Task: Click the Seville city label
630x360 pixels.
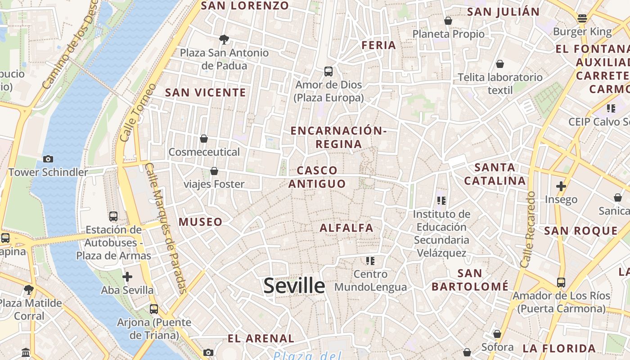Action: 294,286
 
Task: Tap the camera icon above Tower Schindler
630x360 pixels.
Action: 48,159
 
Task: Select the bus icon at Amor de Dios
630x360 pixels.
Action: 328,71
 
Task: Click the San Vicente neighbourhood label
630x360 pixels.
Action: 206,93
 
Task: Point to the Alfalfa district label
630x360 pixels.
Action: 346,228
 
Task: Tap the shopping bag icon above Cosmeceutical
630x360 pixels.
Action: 204,139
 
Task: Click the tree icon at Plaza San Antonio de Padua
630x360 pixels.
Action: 224,40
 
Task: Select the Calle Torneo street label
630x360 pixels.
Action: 138,112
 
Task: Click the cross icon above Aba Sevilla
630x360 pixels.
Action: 127,276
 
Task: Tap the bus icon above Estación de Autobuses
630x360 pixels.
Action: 113,216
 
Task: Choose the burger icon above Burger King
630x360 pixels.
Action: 582,18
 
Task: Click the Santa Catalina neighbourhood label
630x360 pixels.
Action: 495,174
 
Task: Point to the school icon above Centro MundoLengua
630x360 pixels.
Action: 370,261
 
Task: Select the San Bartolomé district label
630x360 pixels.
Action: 470,279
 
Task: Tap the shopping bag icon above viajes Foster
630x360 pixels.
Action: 214,171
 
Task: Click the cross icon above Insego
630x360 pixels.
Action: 561,186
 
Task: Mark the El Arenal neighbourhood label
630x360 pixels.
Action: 261,339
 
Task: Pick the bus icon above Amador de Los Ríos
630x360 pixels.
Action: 561,283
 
